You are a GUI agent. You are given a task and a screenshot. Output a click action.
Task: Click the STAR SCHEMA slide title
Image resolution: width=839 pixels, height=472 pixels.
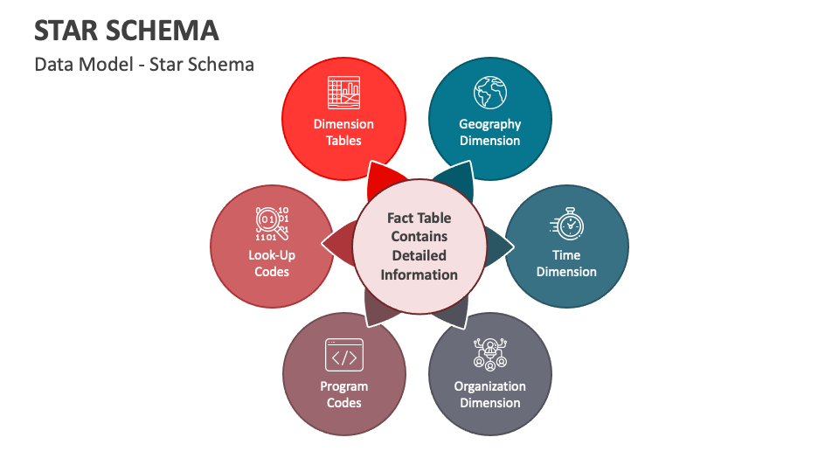[126, 31]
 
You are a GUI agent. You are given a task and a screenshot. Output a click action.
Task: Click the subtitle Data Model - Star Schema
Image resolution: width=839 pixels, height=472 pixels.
[144, 64]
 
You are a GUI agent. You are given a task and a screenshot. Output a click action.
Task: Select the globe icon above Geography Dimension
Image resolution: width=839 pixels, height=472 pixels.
[489, 92]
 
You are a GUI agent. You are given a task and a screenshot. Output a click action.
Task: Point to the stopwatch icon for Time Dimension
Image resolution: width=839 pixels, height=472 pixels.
[567, 224]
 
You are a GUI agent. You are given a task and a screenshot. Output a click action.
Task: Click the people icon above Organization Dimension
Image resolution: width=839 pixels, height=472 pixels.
[489, 353]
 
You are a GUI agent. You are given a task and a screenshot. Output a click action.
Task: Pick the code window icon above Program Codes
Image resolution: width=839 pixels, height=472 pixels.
[343, 355]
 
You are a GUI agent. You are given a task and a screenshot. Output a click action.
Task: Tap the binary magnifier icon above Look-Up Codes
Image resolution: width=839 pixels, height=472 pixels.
[271, 224]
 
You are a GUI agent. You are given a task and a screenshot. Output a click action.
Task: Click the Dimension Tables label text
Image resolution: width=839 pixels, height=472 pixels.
[343, 132]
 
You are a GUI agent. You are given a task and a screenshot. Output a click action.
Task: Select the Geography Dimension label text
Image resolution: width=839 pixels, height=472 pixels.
[489, 132]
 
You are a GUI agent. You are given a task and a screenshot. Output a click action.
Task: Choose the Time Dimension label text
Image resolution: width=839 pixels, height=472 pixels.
[566, 263]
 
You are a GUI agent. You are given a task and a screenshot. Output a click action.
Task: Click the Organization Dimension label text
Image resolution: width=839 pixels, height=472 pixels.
[489, 394]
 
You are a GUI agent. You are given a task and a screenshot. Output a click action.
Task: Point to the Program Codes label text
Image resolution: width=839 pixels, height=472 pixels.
[343, 394]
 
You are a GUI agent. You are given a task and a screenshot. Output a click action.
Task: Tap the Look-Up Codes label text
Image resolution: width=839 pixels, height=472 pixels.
[271, 263]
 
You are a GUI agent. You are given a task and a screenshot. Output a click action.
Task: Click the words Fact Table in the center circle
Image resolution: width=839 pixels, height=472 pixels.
[419, 218]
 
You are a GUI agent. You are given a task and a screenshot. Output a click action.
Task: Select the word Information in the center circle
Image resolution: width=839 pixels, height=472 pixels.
[419, 274]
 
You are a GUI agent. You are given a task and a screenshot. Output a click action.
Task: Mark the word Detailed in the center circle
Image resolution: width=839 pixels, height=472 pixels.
[419, 255]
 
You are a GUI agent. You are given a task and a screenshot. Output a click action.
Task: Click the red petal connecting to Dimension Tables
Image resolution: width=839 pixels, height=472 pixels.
[380, 179]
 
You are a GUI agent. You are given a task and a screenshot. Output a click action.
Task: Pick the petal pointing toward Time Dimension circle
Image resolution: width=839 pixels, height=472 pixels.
[496, 246]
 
